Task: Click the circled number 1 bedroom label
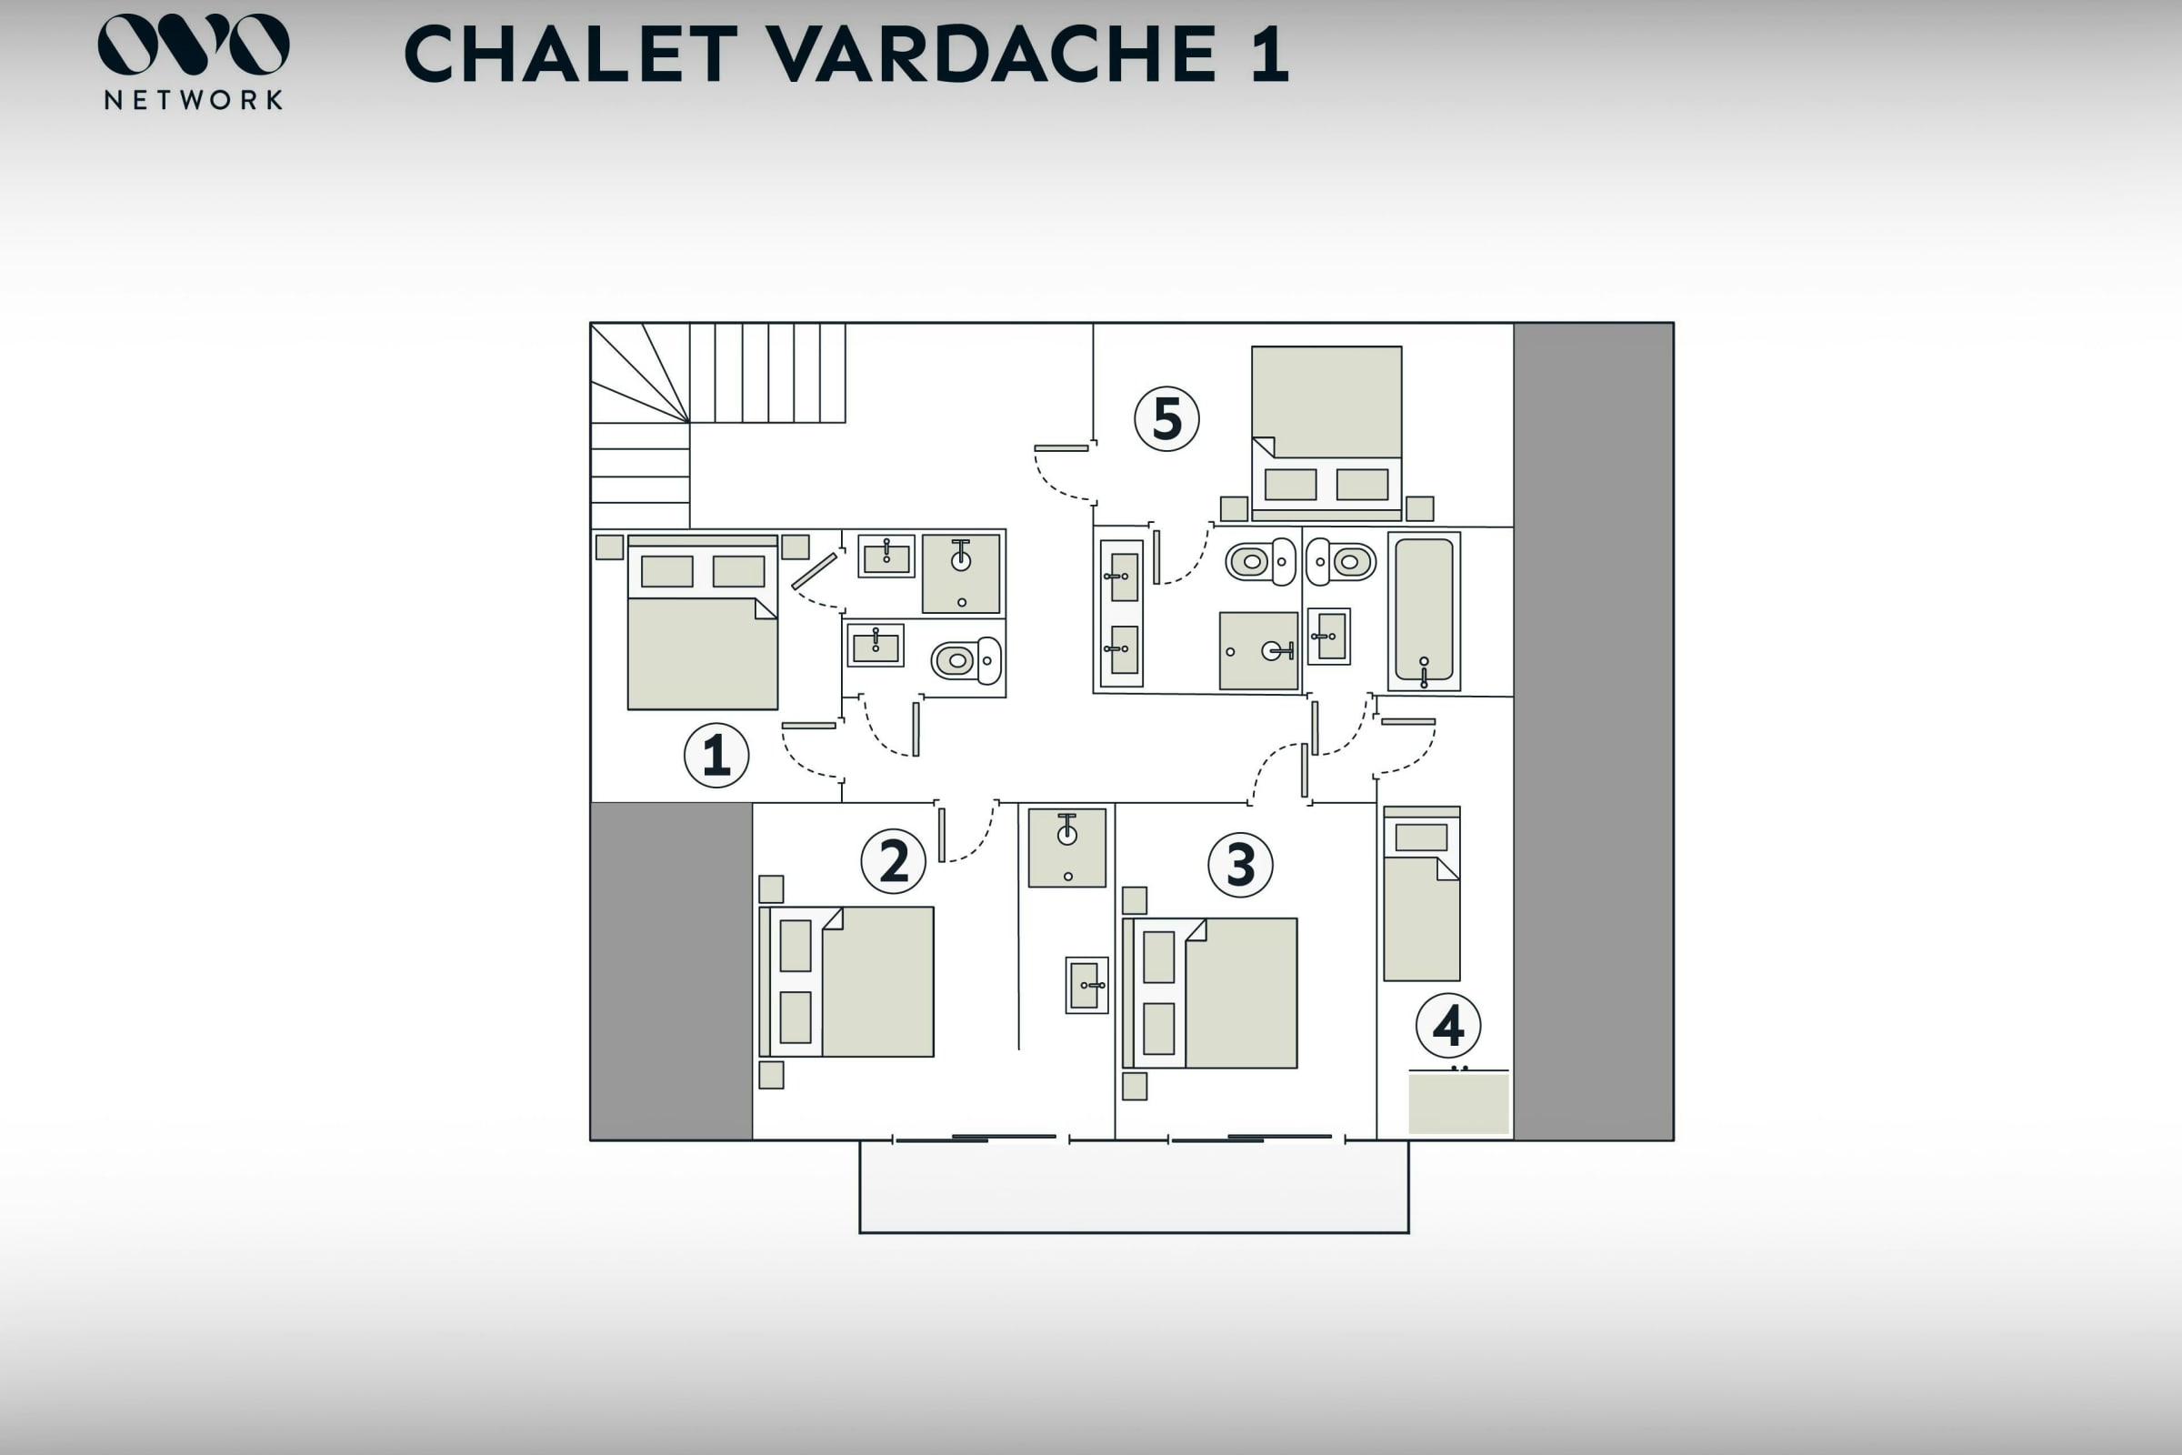pyautogui.click(x=716, y=756)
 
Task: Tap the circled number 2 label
pyautogui.click(x=894, y=861)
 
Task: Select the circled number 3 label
pyautogui.click(x=1240, y=865)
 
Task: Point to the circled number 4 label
pyautogui.click(x=1448, y=1026)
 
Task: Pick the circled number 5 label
pyautogui.click(x=1167, y=418)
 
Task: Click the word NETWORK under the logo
pyautogui.click(x=194, y=100)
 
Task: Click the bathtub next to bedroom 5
pyautogui.click(x=1424, y=611)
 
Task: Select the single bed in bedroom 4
pyautogui.click(x=1421, y=894)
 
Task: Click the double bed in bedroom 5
pyautogui.click(x=1326, y=435)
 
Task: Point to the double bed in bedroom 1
pyautogui.click(x=702, y=623)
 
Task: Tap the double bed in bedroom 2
pyautogui.click(x=846, y=982)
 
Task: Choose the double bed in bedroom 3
pyautogui.click(x=1210, y=993)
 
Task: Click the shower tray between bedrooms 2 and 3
pyautogui.click(x=1066, y=848)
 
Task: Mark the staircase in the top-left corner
pyautogui.click(x=718, y=425)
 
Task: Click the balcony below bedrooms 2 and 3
pyautogui.click(x=1134, y=1187)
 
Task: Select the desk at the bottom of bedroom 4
pyautogui.click(x=1458, y=1102)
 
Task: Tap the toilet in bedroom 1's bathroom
pyautogui.click(x=966, y=661)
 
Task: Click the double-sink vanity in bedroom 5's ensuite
pyautogui.click(x=1122, y=613)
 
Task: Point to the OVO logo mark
pyautogui.click(x=194, y=44)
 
